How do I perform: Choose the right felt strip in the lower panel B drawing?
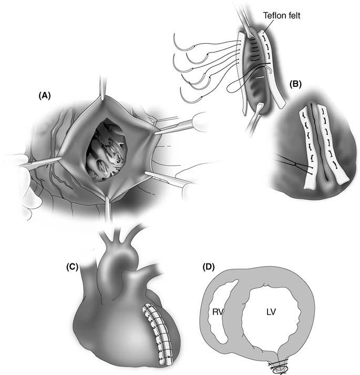coord(333,147)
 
